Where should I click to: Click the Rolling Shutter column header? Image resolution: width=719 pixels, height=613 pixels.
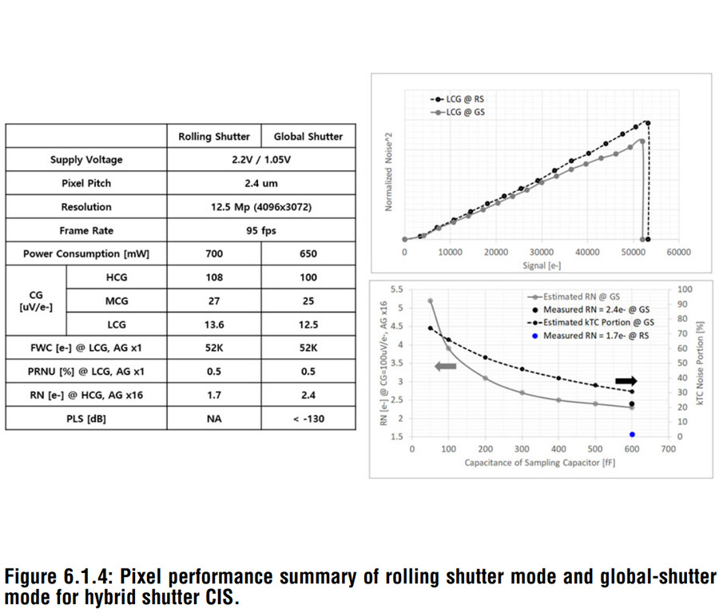pyautogui.click(x=214, y=137)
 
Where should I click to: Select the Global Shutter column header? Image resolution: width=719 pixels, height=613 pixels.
pyautogui.click(x=308, y=137)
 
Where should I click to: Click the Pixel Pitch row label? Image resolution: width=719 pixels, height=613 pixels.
pyautogui.click(x=86, y=183)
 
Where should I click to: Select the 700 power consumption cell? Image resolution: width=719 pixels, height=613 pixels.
pyautogui.click(x=214, y=254)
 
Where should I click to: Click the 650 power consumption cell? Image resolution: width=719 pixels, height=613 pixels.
pyautogui.click(x=308, y=254)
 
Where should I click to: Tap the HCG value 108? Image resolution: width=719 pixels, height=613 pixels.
pyautogui.click(x=214, y=277)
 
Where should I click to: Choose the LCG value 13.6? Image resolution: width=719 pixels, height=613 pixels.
pyautogui.click(x=214, y=324)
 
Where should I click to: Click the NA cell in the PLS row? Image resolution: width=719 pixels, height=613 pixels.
pyautogui.click(x=214, y=418)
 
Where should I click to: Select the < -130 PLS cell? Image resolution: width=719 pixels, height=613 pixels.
pyautogui.click(x=308, y=418)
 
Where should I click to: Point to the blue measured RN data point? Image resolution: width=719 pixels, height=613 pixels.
pyautogui.click(x=632, y=435)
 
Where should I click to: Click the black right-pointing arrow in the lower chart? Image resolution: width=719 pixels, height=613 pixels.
pyautogui.click(x=626, y=380)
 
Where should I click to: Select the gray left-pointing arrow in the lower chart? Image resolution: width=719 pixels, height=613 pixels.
pyautogui.click(x=444, y=365)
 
